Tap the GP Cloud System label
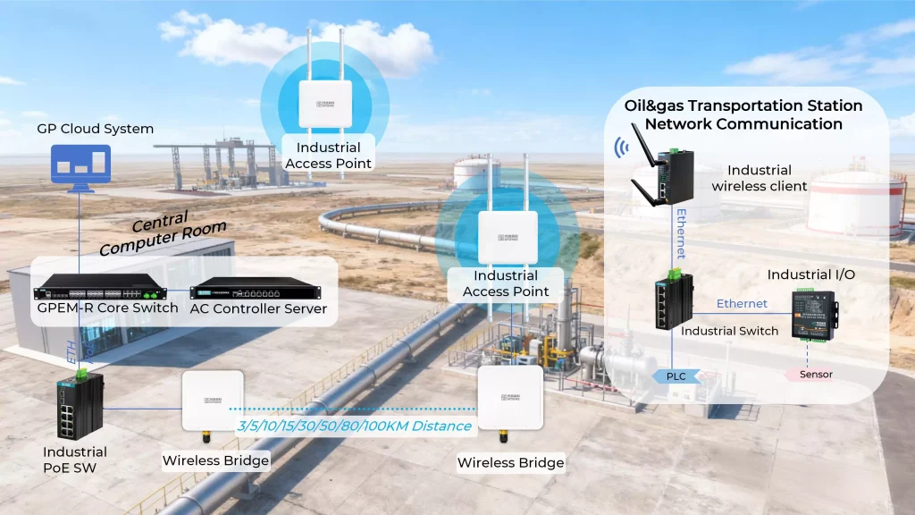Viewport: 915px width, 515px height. point(95,129)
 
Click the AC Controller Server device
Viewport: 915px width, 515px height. point(256,290)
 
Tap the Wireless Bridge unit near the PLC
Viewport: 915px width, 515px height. point(510,399)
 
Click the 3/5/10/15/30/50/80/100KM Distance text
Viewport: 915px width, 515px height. point(353,426)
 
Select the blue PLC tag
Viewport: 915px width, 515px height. point(676,376)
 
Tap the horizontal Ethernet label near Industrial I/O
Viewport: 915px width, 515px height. point(742,304)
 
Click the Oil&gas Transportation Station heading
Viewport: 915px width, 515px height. point(743,115)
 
